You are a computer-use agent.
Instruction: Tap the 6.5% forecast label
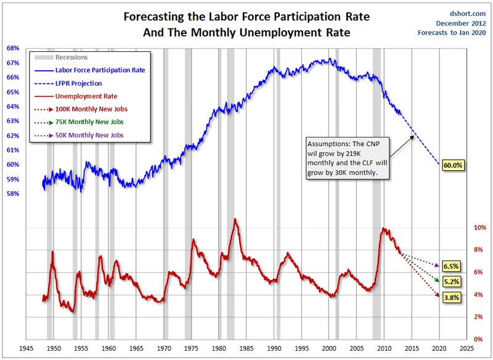click(452, 266)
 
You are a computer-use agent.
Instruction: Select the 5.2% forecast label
click(452, 282)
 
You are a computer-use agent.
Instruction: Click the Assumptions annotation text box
click(349, 158)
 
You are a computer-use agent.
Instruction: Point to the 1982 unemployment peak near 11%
click(235, 219)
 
